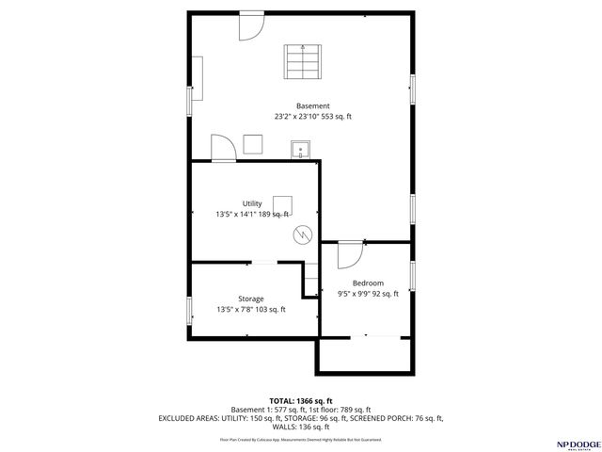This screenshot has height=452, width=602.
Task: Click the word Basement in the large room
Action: coord(313,105)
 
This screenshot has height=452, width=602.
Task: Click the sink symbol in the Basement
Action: coord(301,149)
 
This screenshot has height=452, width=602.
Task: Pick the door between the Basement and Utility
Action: coord(223,149)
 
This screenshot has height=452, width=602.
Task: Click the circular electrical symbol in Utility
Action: coord(302,234)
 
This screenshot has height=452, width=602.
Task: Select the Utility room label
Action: coord(252,203)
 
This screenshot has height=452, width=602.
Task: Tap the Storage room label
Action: coord(250,299)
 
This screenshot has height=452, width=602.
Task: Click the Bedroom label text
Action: coord(368,283)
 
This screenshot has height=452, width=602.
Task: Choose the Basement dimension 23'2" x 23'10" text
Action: coord(313,117)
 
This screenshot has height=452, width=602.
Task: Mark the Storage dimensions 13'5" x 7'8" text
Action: coord(250,309)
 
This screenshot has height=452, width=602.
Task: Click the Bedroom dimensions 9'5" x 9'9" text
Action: coord(368,294)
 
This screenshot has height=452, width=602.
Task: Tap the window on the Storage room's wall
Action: coord(190,309)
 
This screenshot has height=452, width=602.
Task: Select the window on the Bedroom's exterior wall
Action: coord(412,274)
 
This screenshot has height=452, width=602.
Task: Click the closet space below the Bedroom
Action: coord(364,354)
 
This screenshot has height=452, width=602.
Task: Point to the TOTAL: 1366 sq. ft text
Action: coord(301,401)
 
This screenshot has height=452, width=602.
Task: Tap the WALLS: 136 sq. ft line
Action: coord(301,426)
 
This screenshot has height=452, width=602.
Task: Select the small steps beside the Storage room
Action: coord(311,280)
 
